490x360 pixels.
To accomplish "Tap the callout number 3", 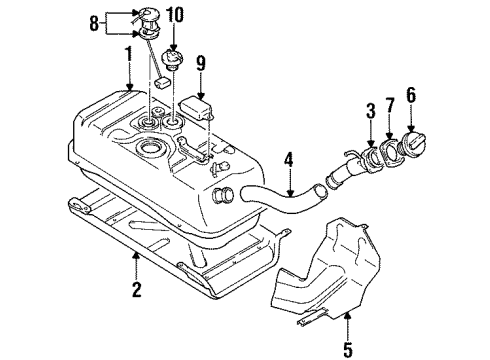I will point(369,108).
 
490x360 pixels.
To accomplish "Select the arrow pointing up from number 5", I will point(347,296).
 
